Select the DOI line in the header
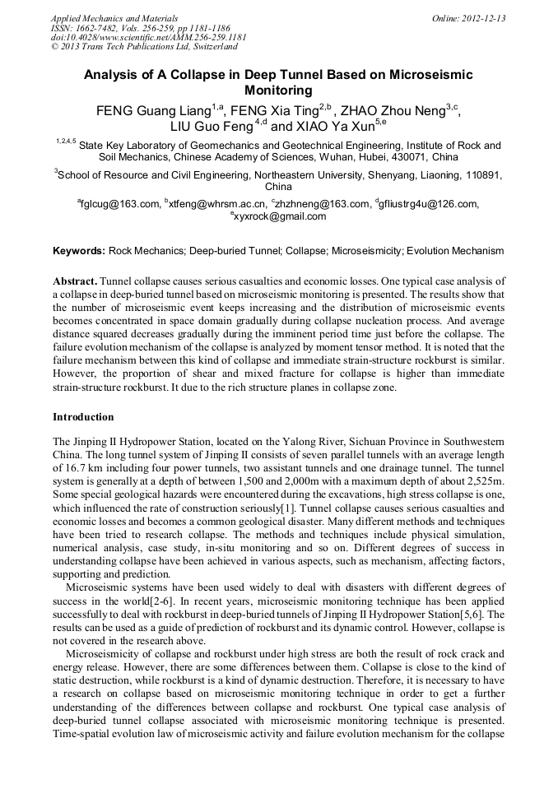pos(148,37)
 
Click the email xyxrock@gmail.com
pos(280,216)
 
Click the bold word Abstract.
pos(75,281)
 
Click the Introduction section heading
pos(83,417)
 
